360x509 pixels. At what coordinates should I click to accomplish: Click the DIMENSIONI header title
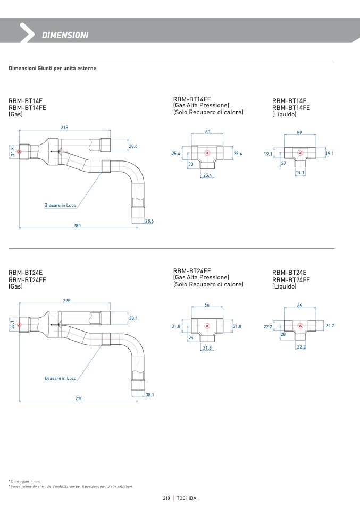(65, 35)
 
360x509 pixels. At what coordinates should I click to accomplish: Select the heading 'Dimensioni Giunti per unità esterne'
(52, 69)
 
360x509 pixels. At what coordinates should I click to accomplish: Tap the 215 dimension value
(64, 128)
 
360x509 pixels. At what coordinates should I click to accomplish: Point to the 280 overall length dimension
(77, 226)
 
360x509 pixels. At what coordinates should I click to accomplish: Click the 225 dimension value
(66, 301)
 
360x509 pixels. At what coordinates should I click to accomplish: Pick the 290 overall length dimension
(79, 398)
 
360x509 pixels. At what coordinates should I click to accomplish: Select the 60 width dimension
(207, 131)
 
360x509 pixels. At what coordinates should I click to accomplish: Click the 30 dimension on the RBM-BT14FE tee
(190, 164)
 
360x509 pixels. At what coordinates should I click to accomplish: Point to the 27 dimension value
(283, 163)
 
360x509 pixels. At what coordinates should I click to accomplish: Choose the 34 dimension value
(191, 337)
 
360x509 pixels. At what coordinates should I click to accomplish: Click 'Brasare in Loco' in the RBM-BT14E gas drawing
(60, 205)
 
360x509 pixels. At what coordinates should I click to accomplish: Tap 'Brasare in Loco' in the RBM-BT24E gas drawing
(61, 378)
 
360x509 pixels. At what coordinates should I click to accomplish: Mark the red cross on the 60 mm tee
(207, 153)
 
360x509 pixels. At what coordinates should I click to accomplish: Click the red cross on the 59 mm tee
(300, 153)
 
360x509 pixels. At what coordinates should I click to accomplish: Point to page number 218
(166, 498)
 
